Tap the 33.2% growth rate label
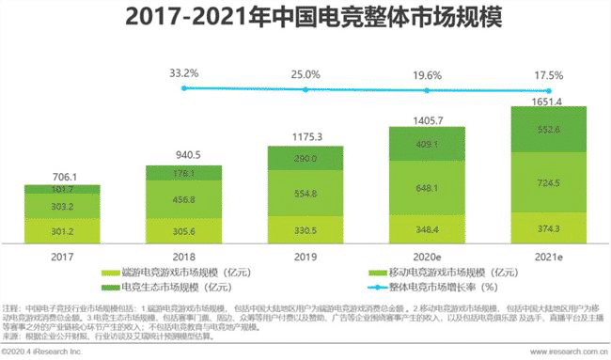(184, 72)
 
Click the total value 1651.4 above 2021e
(547, 101)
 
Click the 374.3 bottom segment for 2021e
(547, 228)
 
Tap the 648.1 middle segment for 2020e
(426, 187)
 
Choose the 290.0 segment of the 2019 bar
(305, 161)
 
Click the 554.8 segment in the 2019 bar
(305, 193)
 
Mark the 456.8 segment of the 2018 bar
(184, 199)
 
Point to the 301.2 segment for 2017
(62, 231)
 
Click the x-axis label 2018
(184, 255)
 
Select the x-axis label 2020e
(426, 255)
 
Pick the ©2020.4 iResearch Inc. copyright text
(42, 352)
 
